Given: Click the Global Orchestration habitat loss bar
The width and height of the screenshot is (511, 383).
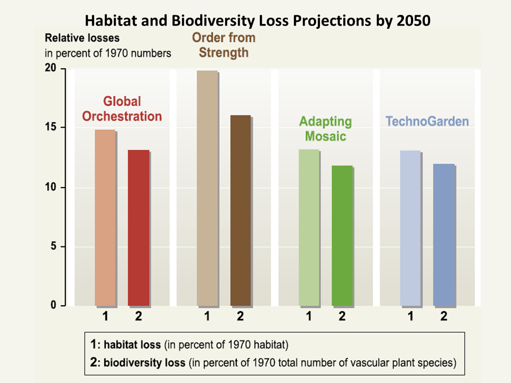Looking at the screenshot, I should pyautogui.click(x=105, y=218).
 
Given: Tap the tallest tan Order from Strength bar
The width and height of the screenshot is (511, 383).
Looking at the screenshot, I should pyautogui.click(x=207, y=188).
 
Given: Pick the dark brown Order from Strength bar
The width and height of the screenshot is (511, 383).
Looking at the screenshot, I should pyautogui.click(x=240, y=210).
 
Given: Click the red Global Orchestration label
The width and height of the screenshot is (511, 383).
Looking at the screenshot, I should pyautogui.click(x=122, y=109).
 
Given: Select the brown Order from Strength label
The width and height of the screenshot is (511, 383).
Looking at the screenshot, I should pyautogui.click(x=224, y=45).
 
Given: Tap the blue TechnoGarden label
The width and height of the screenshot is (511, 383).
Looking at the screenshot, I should pyautogui.click(x=427, y=121).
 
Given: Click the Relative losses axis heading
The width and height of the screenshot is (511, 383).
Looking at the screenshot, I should pyautogui.click(x=83, y=38).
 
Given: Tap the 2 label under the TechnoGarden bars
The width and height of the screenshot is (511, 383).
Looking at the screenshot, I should pyautogui.click(x=444, y=317).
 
